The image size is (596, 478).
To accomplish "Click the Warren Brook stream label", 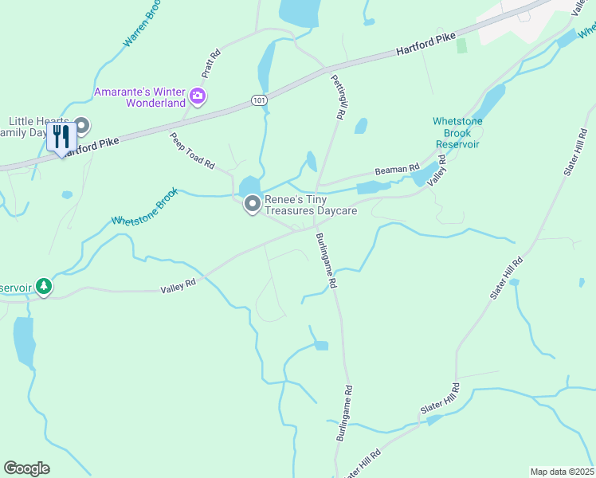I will (x=143, y=25).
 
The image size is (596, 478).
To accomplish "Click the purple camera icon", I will (x=198, y=98).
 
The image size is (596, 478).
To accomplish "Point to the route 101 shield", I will (x=257, y=100).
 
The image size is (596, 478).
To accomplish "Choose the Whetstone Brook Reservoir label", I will (x=457, y=133).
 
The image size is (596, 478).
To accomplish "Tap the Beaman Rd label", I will (x=398, y=170).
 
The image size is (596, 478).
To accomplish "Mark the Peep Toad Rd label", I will (x=192, y=151).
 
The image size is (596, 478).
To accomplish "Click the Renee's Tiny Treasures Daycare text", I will (x=311, y=206).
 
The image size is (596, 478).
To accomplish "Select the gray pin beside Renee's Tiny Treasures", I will (x=253, y=205).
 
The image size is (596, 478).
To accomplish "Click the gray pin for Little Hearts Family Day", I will (x=81, y=126).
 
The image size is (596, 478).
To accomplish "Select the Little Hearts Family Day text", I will (x=32, y=126).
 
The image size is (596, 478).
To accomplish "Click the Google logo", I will (x=27, y=468).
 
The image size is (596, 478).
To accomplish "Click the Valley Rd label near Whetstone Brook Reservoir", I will (x=435, y=171).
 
